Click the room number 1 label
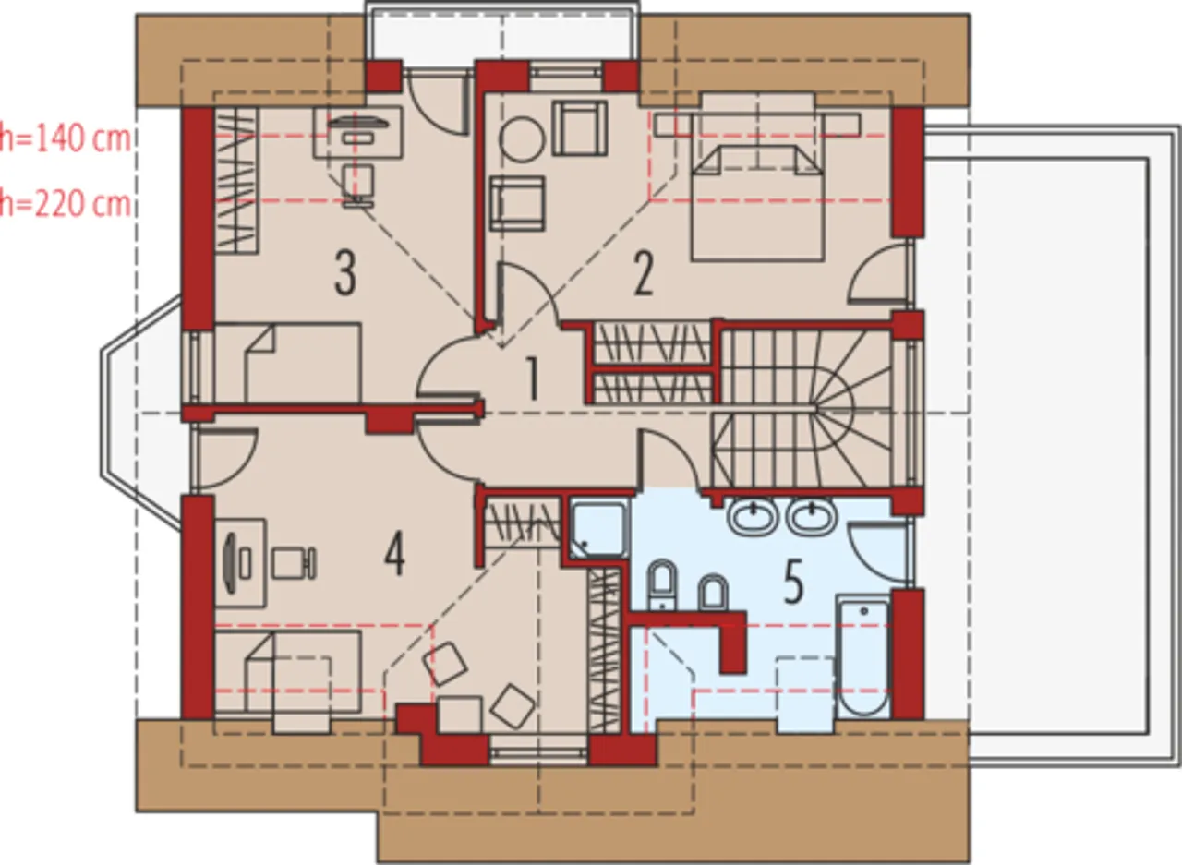tap(533, 378)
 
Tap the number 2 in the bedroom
tap(644, 274)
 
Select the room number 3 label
tap(345, 274)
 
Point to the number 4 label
tap(394, 554)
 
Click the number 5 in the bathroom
tap(793, 583)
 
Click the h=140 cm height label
tap(65, 138)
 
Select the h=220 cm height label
tap(65, 204)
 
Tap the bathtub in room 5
tap(863, 655)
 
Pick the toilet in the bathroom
tap(662, 584)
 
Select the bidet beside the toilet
tap(713, 592)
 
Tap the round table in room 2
tap(522, 139)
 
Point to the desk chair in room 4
tap(295, 563)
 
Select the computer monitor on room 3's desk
tap(358, 124)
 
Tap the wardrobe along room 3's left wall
tap(236, 180)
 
